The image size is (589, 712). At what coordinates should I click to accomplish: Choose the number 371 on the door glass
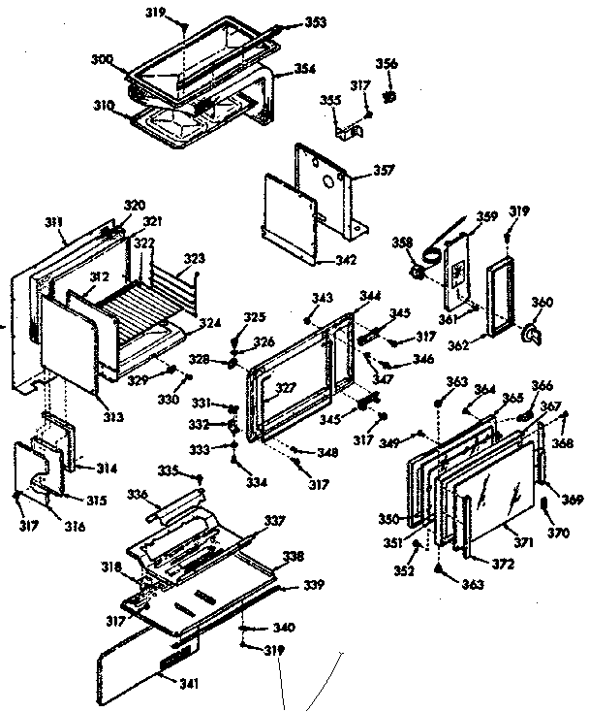pyautogui.click(x=523, y=542)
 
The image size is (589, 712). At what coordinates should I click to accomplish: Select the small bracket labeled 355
pyautogui.click(x=345, y=124)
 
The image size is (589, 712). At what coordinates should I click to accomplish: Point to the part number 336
pyautogui.click(x=139, y=494)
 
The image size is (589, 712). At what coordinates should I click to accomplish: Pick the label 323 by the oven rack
pyautogui.click(x=195, y=259)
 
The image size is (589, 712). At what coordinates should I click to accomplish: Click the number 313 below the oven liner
pyautogui.click(x=113, y=416)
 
